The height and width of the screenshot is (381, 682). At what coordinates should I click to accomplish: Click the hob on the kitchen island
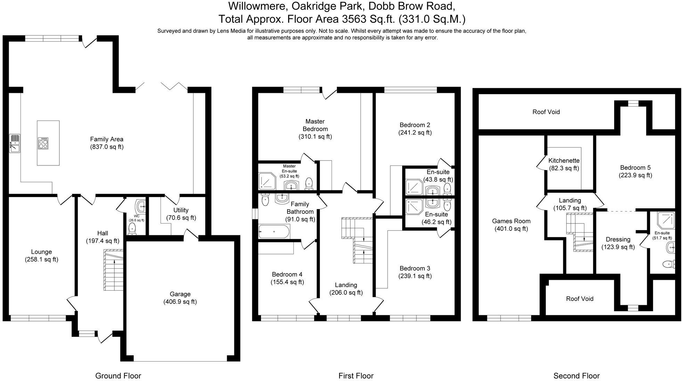tap(43, 143)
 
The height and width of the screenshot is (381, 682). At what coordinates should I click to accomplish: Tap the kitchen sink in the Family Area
tap(15, 144)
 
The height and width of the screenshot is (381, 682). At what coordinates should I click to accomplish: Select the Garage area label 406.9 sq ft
tap(180, 302)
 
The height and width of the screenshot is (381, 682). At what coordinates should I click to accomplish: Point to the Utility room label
tap(181, 210)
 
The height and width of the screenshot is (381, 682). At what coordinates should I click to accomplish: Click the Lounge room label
tap(41, 252)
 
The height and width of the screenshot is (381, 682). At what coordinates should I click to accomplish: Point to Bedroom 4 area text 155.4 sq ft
tap(287, 282)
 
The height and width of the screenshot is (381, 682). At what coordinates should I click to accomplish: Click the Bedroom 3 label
tap(415, 268)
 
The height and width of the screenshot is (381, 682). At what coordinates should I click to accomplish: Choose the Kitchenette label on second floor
tap(564, 161)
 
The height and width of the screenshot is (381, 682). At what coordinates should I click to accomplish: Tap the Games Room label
tap(511, 221)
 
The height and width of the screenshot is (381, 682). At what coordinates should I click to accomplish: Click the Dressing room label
tap(618, 239)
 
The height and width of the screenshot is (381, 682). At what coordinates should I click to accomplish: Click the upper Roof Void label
tap(546, 112)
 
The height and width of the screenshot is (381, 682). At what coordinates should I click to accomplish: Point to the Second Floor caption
tap(576, 376)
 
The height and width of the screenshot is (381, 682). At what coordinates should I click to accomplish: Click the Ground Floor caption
tap(118, 376)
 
